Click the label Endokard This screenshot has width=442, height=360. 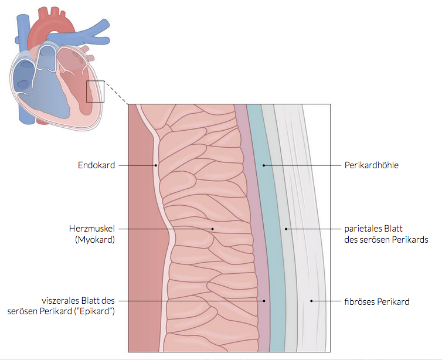(x=97, y=165)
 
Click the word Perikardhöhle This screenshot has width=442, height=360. (x=371, y=165)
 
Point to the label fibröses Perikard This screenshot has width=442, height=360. (x=376, y=301)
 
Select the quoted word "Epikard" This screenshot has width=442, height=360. (x=96, y=311)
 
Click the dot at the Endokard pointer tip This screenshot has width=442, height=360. (x=156, y=165)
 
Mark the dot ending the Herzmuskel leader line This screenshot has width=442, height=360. (x=213, y=229)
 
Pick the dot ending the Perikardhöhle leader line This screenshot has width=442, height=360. (x=264, y=165)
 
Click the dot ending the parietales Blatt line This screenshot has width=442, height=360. (x=286, y=229)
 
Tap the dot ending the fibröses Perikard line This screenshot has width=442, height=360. (x=311, y=301)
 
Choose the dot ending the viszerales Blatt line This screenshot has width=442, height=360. (x=264, y=301)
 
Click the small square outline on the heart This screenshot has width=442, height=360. (x=96, y=91)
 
